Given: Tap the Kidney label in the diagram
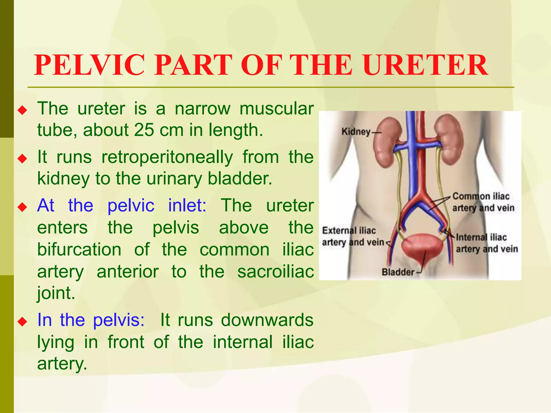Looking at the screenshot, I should (356, 132).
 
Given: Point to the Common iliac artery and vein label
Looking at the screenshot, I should (483, 202).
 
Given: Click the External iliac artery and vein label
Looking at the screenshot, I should (352, 236).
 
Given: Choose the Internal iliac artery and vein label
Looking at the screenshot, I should (486, 243).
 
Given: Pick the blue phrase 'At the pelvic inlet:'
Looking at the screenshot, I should (122, 206).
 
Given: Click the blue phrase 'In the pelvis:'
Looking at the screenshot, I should (91, 320).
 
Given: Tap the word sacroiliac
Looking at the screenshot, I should (275, 272).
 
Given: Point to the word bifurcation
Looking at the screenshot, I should (79, 250).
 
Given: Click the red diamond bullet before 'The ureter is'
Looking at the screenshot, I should (22, 110).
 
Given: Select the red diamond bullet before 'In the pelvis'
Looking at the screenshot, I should (22, 321).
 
